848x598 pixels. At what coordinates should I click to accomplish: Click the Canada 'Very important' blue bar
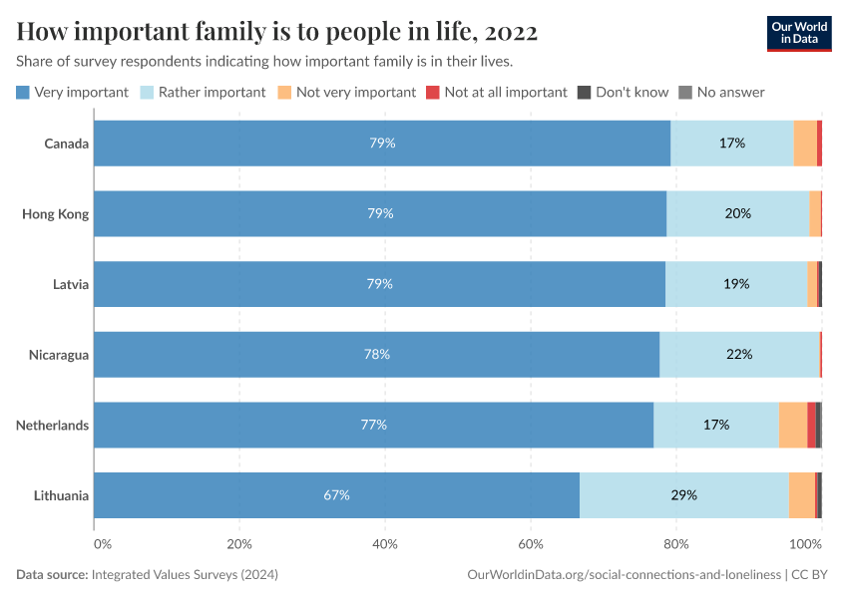tap(382, 143)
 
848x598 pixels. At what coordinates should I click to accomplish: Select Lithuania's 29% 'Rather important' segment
tap(683, 495)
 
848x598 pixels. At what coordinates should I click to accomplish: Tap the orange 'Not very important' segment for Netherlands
tap(792, 425)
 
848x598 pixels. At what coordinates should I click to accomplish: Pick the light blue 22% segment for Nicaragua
tap(739, 354)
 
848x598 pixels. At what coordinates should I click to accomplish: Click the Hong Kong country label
tap(55, 213)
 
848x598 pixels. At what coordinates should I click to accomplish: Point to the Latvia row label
tap(71, 284)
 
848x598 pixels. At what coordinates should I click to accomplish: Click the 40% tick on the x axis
tap(385, 544)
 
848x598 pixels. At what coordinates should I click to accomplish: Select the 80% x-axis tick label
tap(676, 544)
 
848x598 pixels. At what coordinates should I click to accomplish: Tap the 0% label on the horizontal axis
tap(103, 544)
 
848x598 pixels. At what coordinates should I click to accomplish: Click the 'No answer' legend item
tap(721, 92)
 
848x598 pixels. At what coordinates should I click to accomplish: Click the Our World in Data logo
tap(798, 32)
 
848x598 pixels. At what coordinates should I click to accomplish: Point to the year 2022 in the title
tap(509, 32)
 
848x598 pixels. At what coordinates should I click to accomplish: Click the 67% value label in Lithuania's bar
tap(336, 495)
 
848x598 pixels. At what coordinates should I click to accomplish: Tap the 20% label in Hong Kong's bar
tap(738, 213)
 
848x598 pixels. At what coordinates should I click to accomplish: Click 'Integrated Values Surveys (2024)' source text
tap(185, 575)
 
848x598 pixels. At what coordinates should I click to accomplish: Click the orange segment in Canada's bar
tap(805, 143)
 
